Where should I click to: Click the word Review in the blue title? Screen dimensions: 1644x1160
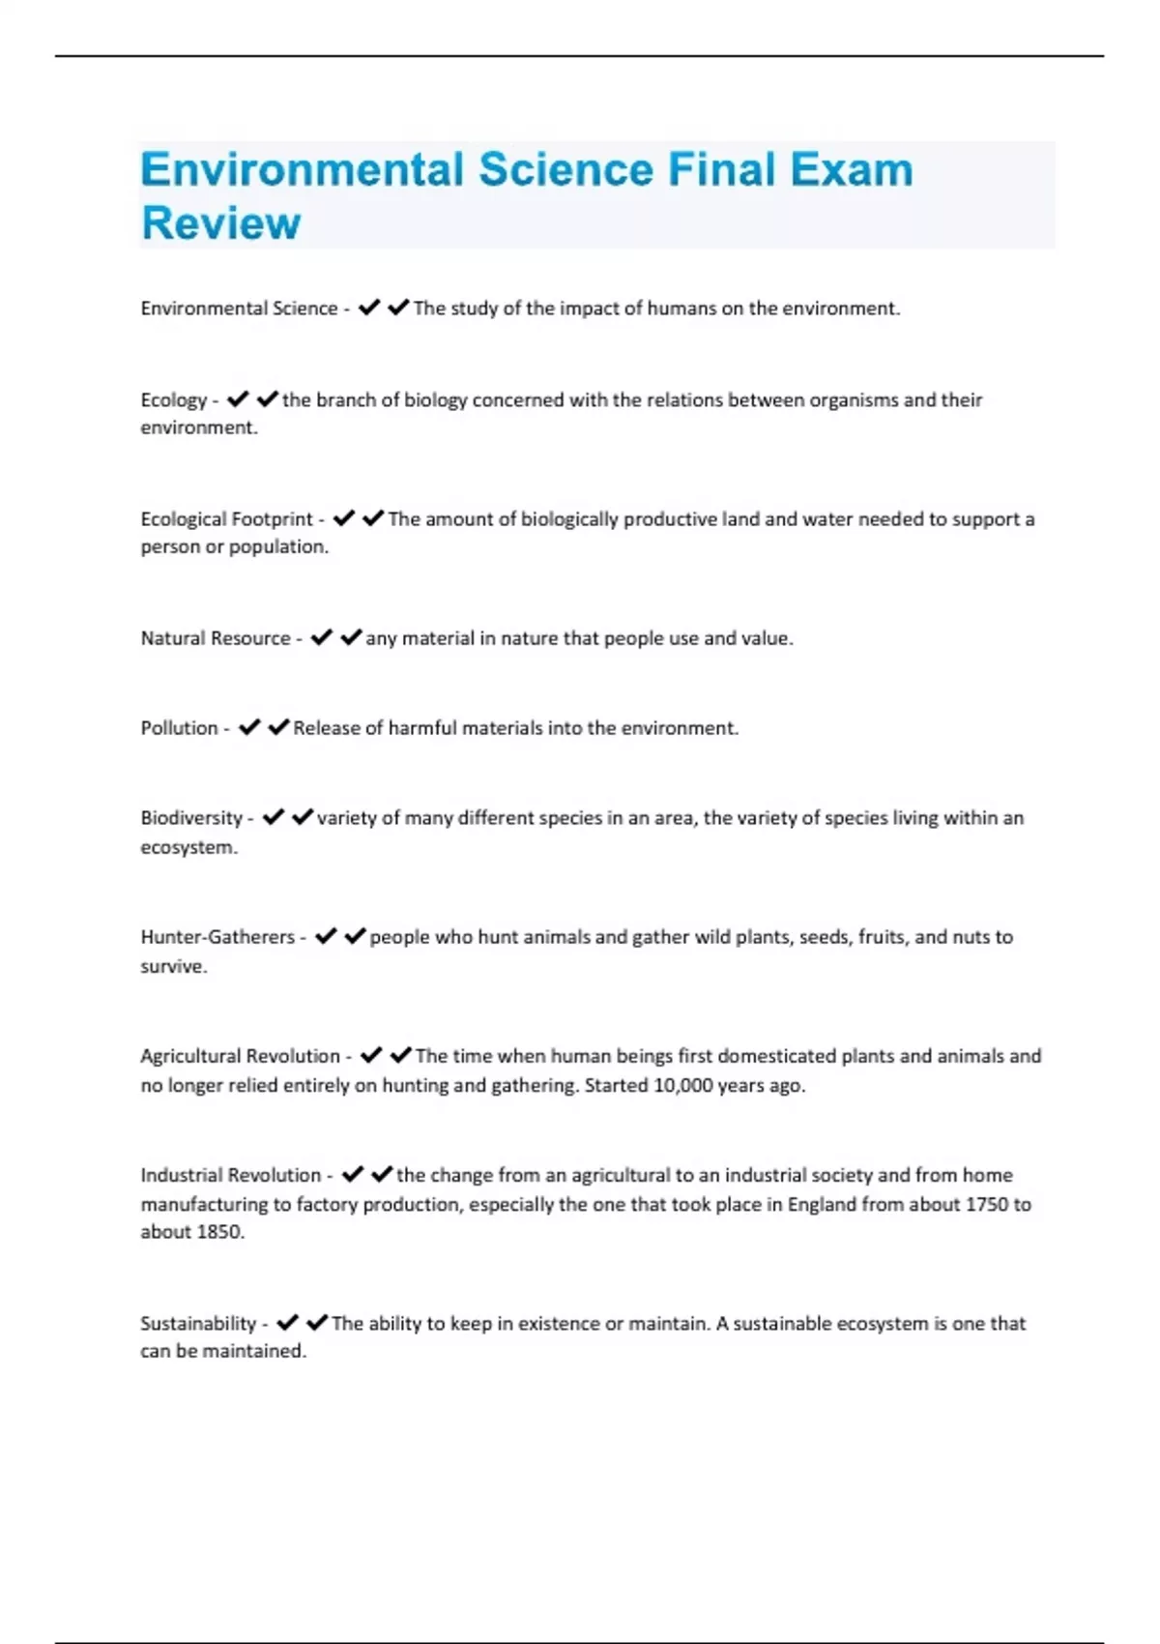coord(221,222)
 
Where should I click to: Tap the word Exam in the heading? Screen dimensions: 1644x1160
coord(851,170)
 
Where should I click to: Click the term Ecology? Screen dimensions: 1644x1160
coord(174,400)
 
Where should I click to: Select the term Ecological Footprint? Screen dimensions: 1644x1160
coord(227,519)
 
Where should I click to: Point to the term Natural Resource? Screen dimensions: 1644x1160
coord(216,638)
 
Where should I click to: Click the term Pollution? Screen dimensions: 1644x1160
coord(180,728)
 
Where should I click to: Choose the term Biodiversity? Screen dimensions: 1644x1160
coord(191,818)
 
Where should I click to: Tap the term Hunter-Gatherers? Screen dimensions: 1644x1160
coord(217,937)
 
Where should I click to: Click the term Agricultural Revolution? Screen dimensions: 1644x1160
coord(241,1056)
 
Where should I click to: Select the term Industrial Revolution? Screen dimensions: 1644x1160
coord(231,1175)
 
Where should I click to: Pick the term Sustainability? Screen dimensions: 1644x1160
coord(198,1323)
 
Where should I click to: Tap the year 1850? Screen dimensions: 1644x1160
coord(218,1232)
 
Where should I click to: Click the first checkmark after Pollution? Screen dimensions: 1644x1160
coord(249,727)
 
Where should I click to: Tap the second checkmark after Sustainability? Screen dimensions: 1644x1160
coord(317,1322)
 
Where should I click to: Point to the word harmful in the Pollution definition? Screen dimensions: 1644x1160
coord(421,728)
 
